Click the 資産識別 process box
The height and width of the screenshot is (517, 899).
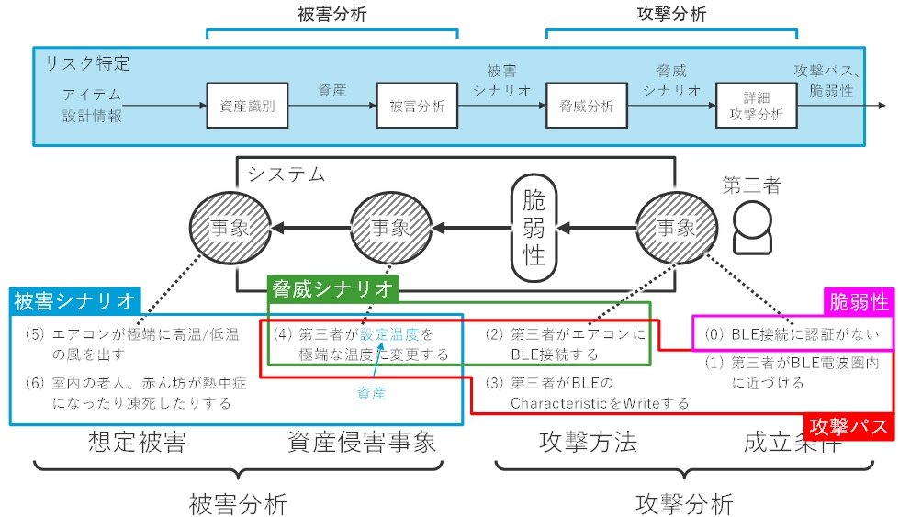pos(247,106)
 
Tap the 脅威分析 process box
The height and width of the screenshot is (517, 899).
pos(586,106)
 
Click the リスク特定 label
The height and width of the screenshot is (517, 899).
pos(88,64)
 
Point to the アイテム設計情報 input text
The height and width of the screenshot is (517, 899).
pos(93,106)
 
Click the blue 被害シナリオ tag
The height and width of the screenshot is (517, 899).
pos(73,300)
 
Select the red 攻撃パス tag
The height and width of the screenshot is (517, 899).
pos(849,427)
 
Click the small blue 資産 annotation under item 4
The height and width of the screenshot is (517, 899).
pos(372,393)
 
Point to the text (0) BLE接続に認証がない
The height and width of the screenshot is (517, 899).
pos(791,334)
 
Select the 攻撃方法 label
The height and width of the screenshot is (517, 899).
pos(587,443)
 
